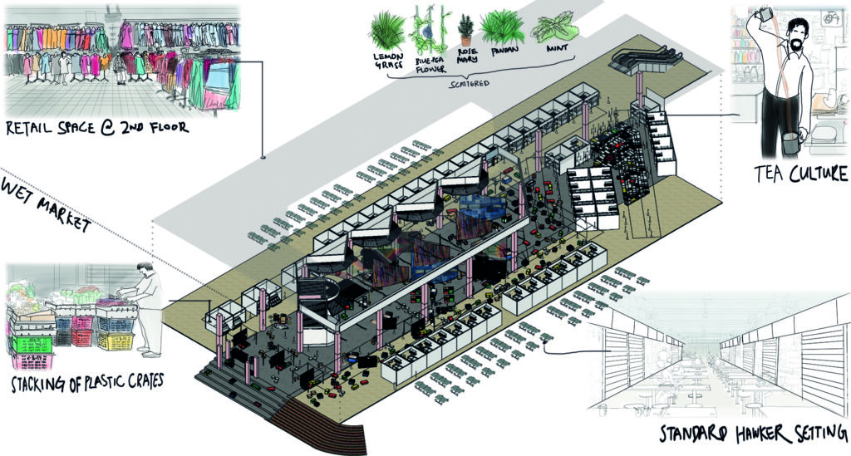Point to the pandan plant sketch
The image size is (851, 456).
pos(502,28)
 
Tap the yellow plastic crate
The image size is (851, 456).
pos(115,336)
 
